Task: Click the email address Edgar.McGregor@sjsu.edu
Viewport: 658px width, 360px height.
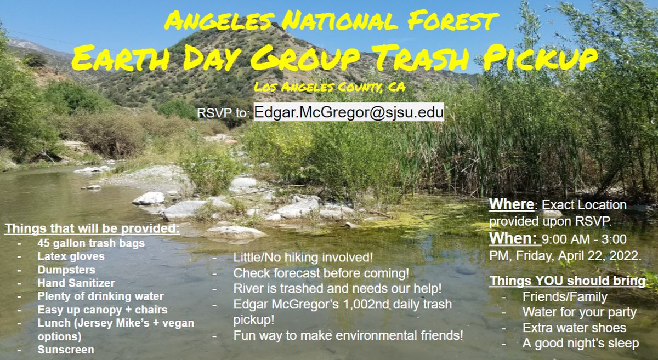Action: click(349, 112)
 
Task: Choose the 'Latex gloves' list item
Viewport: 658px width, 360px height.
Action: click(71, 256)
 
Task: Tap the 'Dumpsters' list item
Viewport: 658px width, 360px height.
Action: click(66, 270)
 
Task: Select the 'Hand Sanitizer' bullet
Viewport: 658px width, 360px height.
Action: click(76, 283)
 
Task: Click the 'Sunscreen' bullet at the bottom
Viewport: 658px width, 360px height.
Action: click(66, 350)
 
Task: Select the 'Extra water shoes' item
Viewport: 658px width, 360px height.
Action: click(574, 328)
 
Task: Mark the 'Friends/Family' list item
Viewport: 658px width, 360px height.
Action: click(565, 297)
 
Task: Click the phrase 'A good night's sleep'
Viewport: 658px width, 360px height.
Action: click(581, 344)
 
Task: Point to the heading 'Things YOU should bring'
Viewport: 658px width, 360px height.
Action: click(568, 281)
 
